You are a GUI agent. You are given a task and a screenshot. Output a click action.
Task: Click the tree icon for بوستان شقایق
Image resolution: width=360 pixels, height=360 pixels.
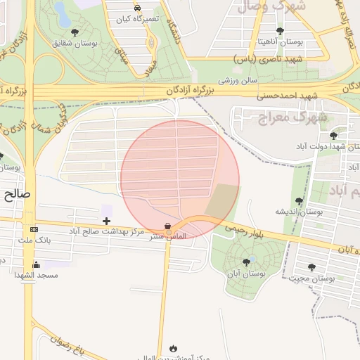(75, 32)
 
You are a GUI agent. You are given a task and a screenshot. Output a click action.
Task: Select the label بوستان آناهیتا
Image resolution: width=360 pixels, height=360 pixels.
(281, 43)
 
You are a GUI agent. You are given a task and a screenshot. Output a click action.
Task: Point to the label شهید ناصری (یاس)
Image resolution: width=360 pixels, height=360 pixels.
(276, 58)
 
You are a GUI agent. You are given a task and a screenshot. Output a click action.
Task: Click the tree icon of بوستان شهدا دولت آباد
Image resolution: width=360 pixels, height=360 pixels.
(333, 135)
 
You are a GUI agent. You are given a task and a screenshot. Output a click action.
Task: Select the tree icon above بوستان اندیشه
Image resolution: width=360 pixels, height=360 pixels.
(300, 201)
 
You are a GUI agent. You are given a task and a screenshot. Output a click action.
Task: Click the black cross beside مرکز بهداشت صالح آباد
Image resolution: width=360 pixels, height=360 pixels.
(107, 221)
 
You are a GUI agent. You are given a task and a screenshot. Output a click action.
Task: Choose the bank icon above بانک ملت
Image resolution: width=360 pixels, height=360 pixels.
(34, 230)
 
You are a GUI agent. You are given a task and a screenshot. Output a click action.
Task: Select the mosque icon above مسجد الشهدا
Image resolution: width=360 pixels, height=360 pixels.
(37, 264)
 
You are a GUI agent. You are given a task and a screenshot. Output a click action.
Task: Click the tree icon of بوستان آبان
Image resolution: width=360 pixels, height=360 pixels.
(246, 262)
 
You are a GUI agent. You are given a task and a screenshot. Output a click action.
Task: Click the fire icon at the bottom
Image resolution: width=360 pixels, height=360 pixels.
(173, 348)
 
